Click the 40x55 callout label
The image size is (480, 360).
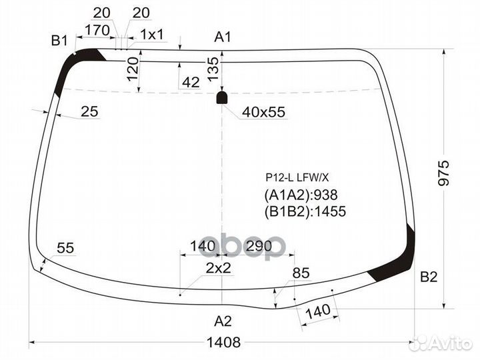click(263, 112)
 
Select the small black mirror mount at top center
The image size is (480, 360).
click(223, 98)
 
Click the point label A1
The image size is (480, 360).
click(222, 37)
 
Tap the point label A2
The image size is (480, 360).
click(222, 321)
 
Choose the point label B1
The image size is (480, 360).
click(60, 41)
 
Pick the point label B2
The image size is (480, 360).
click(428, 277)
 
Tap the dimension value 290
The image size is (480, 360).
click(259, 247)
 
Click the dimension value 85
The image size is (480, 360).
click(301, 273)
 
